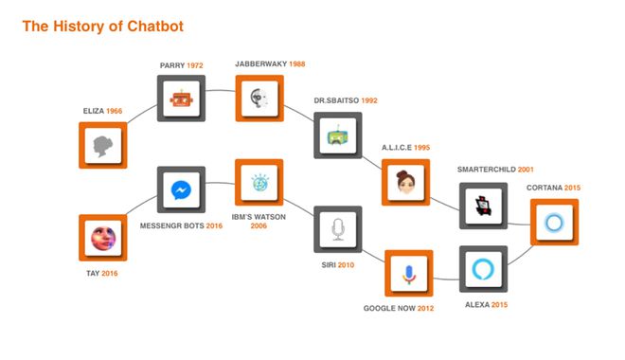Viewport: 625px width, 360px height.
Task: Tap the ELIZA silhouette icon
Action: tap(103, 145)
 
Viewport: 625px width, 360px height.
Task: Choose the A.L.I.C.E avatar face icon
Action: tap(407, 180)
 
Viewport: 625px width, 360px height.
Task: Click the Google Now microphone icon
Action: tap(408, 274)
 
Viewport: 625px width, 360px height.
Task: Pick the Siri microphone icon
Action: tap(338, 228)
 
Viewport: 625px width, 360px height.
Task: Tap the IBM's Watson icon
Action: tap(259, 183)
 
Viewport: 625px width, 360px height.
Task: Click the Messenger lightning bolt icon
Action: tap(180, 190)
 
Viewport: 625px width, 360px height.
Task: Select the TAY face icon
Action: tap(103, 238)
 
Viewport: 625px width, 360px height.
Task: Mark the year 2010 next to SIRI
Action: tap(345, 264)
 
